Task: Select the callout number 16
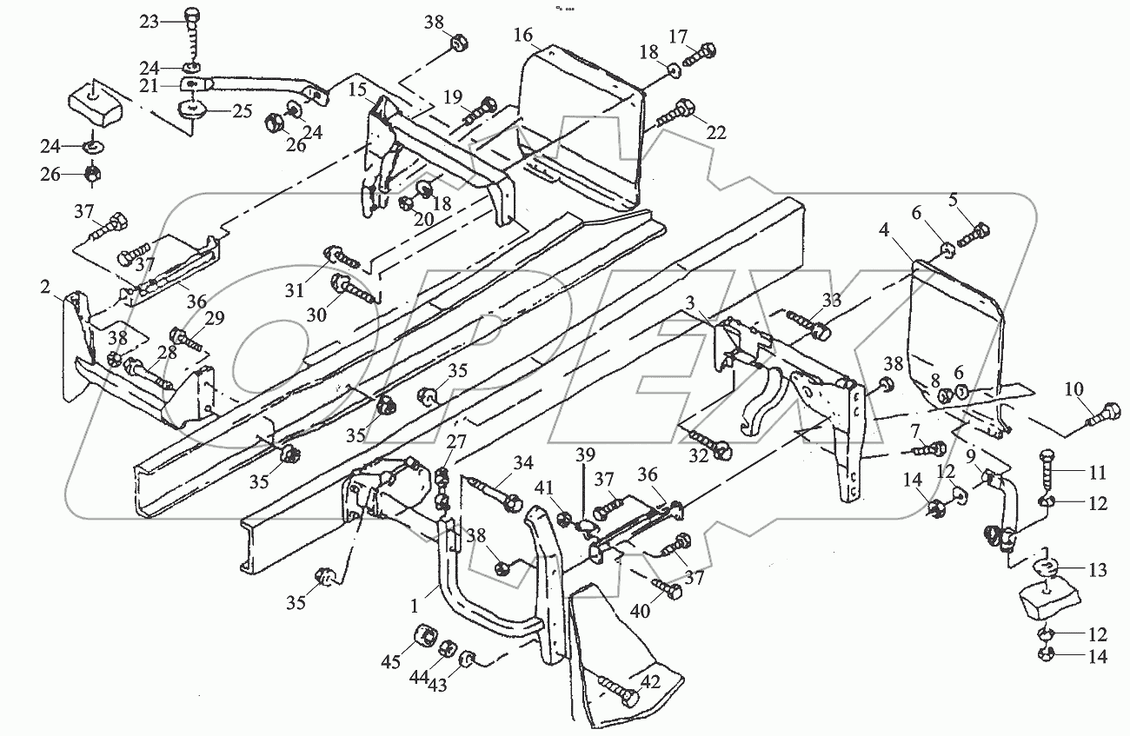522,36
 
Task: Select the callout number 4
883,233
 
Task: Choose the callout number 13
1098,571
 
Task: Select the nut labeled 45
427,634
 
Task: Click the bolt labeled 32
705,442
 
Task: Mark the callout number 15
357,90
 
